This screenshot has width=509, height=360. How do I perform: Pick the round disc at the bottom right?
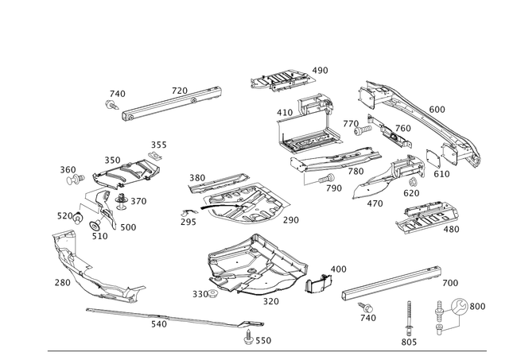pyautogui.click(x=460, y=306)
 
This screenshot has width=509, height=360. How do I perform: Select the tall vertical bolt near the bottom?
pyautogui.click(x=409, y=318)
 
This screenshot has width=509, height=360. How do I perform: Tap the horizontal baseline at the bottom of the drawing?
pyautogui.click(x=270, y=350)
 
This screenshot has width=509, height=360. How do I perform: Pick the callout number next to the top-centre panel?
pyautogui.click(x=321, y=71)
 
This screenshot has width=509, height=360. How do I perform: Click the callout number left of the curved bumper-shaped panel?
pyautogui.click(x=60, y=281)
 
